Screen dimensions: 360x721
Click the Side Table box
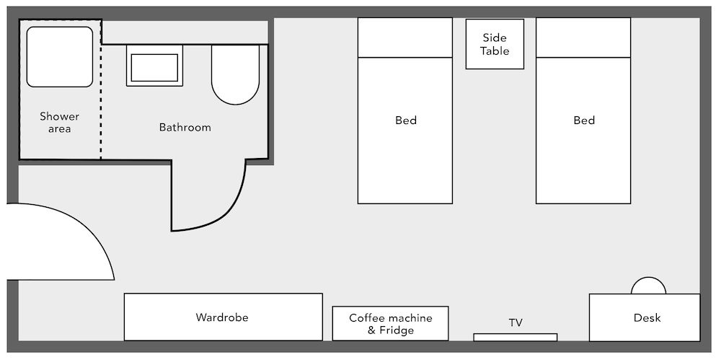(495, 44)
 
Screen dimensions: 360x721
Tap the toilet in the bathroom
(235, 74)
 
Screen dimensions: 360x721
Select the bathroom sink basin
(154, 66)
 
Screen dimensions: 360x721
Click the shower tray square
(60, 56)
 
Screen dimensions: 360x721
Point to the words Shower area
(59, 123)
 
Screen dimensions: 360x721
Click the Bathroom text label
(185, 128)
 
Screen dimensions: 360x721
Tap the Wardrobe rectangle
(223, 317)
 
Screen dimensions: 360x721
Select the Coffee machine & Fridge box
(390, 323)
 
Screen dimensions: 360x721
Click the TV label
(516, 322)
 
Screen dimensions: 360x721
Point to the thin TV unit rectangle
(516, 337)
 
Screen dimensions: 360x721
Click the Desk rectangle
(645, 317)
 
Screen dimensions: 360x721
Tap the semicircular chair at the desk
(648, 286)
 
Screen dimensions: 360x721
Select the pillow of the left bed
(405, 37)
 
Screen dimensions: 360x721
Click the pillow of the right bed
(583, 37)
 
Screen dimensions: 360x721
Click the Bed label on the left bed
(406, 120)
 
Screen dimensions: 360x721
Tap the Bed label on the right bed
(584, 120)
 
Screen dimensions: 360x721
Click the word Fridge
(397, 330)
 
